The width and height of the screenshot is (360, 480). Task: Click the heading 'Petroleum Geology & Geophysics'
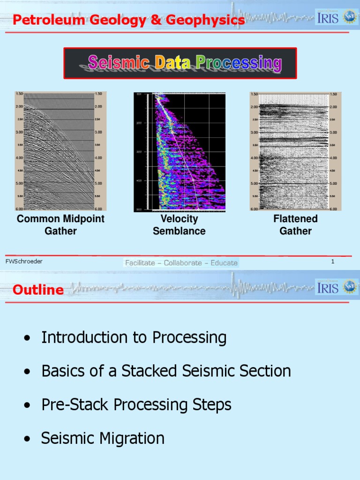(x=128, y=20)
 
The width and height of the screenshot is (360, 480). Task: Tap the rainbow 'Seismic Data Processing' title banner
(x=180, y=63)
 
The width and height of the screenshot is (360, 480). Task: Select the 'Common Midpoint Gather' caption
(x=60, y=225)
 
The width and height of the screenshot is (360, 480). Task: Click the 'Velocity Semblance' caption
(x=179, y=225)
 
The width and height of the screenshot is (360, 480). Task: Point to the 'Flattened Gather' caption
(x=295, y=225)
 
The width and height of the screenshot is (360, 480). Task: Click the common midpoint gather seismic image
(x=60, y=151)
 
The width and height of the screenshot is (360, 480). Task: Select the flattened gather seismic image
(x=295, y=151)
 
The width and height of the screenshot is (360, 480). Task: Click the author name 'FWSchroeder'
(x=24, y=262)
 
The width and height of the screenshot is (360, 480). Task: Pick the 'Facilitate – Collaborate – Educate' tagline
(x=181, y=263)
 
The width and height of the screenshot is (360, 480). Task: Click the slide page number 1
(x=333, y=262)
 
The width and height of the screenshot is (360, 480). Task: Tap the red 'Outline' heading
(x=38, y=290)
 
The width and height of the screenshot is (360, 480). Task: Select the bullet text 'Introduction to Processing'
(x=134, y=337)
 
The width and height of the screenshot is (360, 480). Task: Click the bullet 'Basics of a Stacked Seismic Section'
(x=166, y=371)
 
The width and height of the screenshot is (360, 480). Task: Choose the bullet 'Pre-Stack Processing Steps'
(x=136, y=405)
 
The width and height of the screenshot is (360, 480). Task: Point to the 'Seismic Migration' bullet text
(x=103, y=439)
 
